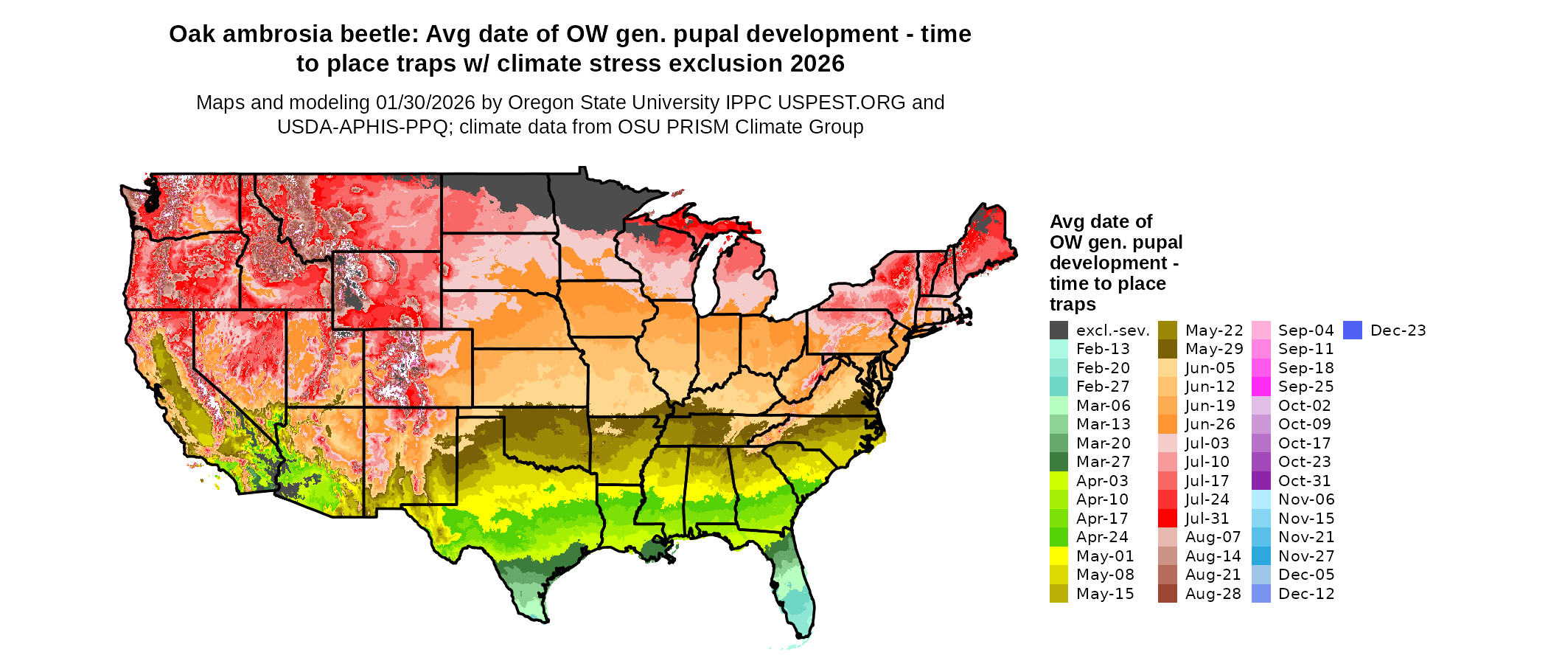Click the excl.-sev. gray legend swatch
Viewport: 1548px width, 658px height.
coord(1059,330)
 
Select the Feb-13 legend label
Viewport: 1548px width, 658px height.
coord(1103,349)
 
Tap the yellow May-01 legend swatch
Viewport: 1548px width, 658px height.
coord(1059,556)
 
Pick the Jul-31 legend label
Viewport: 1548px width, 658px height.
coord(1207,519)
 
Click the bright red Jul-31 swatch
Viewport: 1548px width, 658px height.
coord(1168,519)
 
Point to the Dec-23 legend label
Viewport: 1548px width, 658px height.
coord(1398,330)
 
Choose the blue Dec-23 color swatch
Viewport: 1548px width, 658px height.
coord(1353,330)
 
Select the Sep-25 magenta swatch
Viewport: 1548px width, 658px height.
coord(1261,387)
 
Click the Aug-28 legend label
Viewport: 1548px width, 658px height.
coord(1213,594)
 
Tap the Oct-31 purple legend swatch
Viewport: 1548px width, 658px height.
coord(1261,481)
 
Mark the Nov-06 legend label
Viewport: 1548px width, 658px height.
coord(1306,499)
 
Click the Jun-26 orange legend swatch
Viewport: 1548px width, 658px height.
coord(1168,424)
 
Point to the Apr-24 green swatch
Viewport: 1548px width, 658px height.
coord(1059,537)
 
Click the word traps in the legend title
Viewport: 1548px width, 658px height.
coord(1073,304)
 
